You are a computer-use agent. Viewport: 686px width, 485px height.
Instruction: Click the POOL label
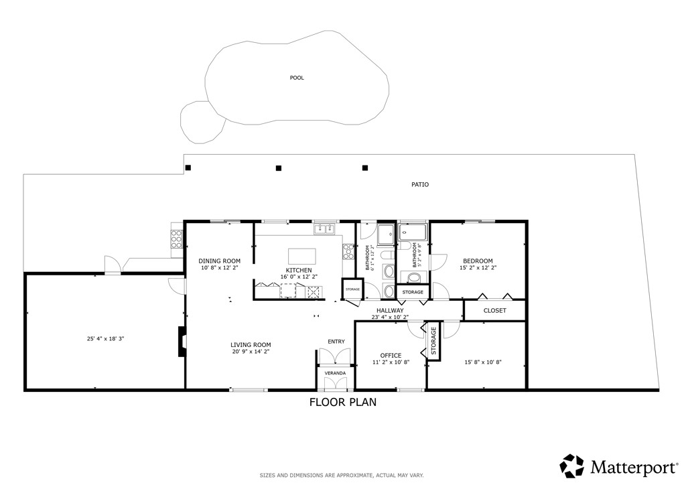pos(297,78)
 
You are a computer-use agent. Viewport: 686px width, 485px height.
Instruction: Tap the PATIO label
pos(420,184)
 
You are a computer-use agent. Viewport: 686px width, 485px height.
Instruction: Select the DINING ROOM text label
pos(219,261)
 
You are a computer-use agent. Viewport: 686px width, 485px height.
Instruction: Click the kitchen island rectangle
pos(301,256)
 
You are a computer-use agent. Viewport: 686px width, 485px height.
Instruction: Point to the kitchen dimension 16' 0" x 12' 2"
pos(299,277)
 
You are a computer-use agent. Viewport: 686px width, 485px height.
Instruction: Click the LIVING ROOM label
pos(251,345)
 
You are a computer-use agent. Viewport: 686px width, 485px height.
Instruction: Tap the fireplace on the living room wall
pos(181,341)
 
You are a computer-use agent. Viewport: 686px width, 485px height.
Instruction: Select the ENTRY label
pos(336,342)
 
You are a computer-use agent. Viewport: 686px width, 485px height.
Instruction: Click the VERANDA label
pos(335,372)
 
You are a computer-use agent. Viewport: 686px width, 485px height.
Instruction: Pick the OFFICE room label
pos(391,355)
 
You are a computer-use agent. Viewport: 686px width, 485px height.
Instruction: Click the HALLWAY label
pos(390,310)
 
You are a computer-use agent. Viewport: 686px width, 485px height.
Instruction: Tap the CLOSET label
pos(494,311)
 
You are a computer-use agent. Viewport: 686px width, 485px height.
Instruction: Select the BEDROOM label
pos(478,261)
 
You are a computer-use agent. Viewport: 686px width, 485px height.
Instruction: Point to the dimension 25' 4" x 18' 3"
pos(105,339)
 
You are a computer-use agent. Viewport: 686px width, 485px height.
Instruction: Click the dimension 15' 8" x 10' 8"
pos(483,362)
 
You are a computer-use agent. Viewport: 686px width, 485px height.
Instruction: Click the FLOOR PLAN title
pos(342,403)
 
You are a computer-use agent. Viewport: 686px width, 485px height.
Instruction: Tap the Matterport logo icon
pos(572,466)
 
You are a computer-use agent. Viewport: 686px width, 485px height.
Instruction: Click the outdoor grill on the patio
pos(177,239)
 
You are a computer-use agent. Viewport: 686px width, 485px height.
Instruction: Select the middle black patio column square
pos(279,168)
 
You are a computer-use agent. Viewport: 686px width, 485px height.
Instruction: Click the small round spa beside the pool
pos(202,121)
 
